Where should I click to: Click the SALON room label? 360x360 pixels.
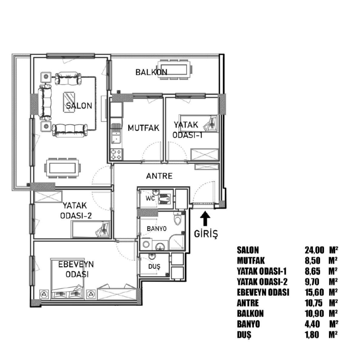79,105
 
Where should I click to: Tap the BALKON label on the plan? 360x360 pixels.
151,72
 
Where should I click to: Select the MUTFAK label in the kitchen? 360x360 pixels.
144,128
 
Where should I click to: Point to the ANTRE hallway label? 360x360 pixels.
159,176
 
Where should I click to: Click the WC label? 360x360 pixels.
150,198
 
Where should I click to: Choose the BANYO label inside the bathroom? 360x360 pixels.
157,229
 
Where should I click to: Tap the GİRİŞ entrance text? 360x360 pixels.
206,234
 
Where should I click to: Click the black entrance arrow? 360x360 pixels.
205,219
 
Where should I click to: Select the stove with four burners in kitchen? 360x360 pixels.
116,154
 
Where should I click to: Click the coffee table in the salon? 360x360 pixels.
69,102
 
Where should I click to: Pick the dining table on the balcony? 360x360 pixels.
175,69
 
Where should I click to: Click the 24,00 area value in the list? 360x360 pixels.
314,250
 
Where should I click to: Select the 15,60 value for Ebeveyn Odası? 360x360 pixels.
314,292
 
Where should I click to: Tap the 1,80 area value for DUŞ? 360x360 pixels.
312,335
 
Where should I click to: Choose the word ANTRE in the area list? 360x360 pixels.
248,303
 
